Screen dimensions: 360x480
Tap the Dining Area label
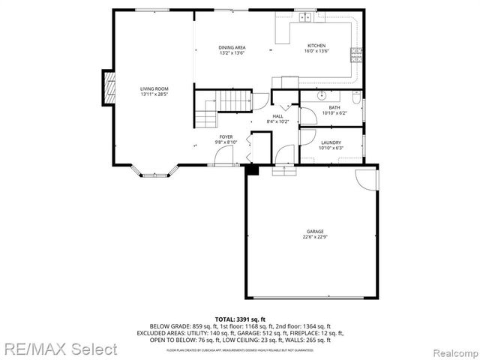pyautogui.click(x=232, y=47)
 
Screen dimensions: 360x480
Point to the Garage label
pyautogui.click(x=314, y=231)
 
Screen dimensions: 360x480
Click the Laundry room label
pyautogui.click(x=331, y=142)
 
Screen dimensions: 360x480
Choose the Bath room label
pyautogui.click(x=334, y=107)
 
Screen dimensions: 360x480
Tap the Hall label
pyautogui.click(x=277, y=116)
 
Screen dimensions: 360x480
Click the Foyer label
pyautogui.click(x=226, y=136)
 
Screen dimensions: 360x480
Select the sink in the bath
pyautogui.click(x=321, y=96)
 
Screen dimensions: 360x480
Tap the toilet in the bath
pyautogui.click(x=356, y=97)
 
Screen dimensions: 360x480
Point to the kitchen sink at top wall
pyautogui.click(x=304, y=17)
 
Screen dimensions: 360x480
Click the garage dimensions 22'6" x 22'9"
pyautogui.click(x=314, y=237)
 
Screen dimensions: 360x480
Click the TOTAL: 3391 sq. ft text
pyautogui.click(x=240, y=319)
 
